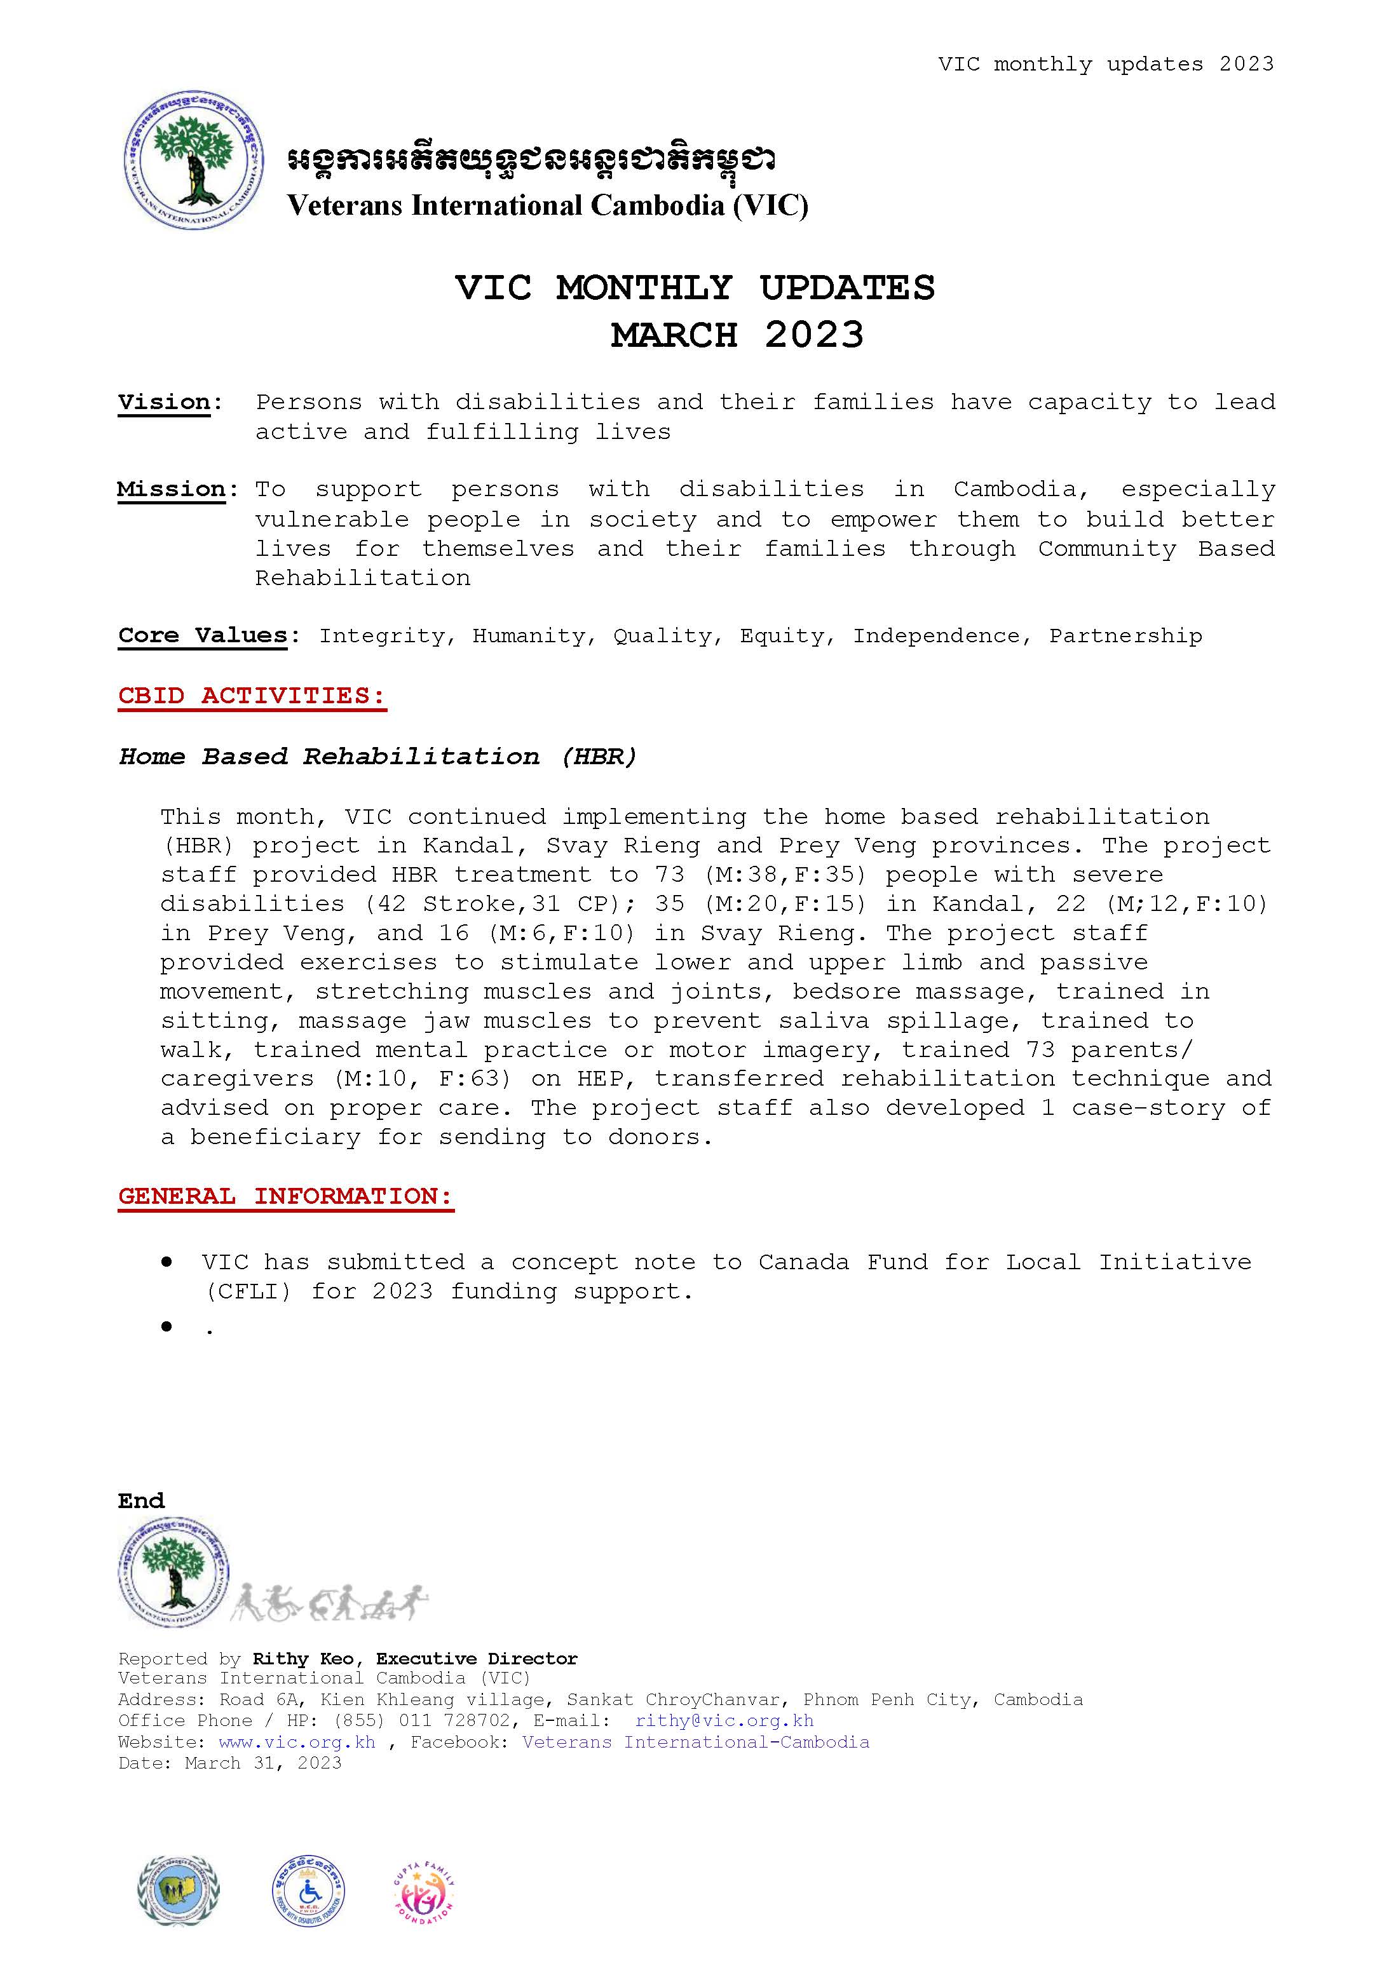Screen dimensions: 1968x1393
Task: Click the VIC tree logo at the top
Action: [192, 159]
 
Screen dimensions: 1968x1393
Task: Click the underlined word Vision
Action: [164, 402]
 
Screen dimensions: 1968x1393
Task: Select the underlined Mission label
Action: [171, 490]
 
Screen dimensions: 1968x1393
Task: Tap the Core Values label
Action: [203, 635]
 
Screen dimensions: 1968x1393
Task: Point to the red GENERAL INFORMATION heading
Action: [285, 1196]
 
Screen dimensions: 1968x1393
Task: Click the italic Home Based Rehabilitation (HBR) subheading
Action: [377, 757]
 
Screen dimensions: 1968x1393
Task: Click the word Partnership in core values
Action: [1125, 635]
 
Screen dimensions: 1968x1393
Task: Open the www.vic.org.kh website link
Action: [297, 1742]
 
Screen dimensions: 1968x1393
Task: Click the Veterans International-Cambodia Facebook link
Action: [696, 1742]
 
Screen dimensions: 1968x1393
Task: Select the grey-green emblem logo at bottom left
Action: [179, 1913]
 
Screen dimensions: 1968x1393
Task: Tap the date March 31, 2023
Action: [263, 1762]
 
